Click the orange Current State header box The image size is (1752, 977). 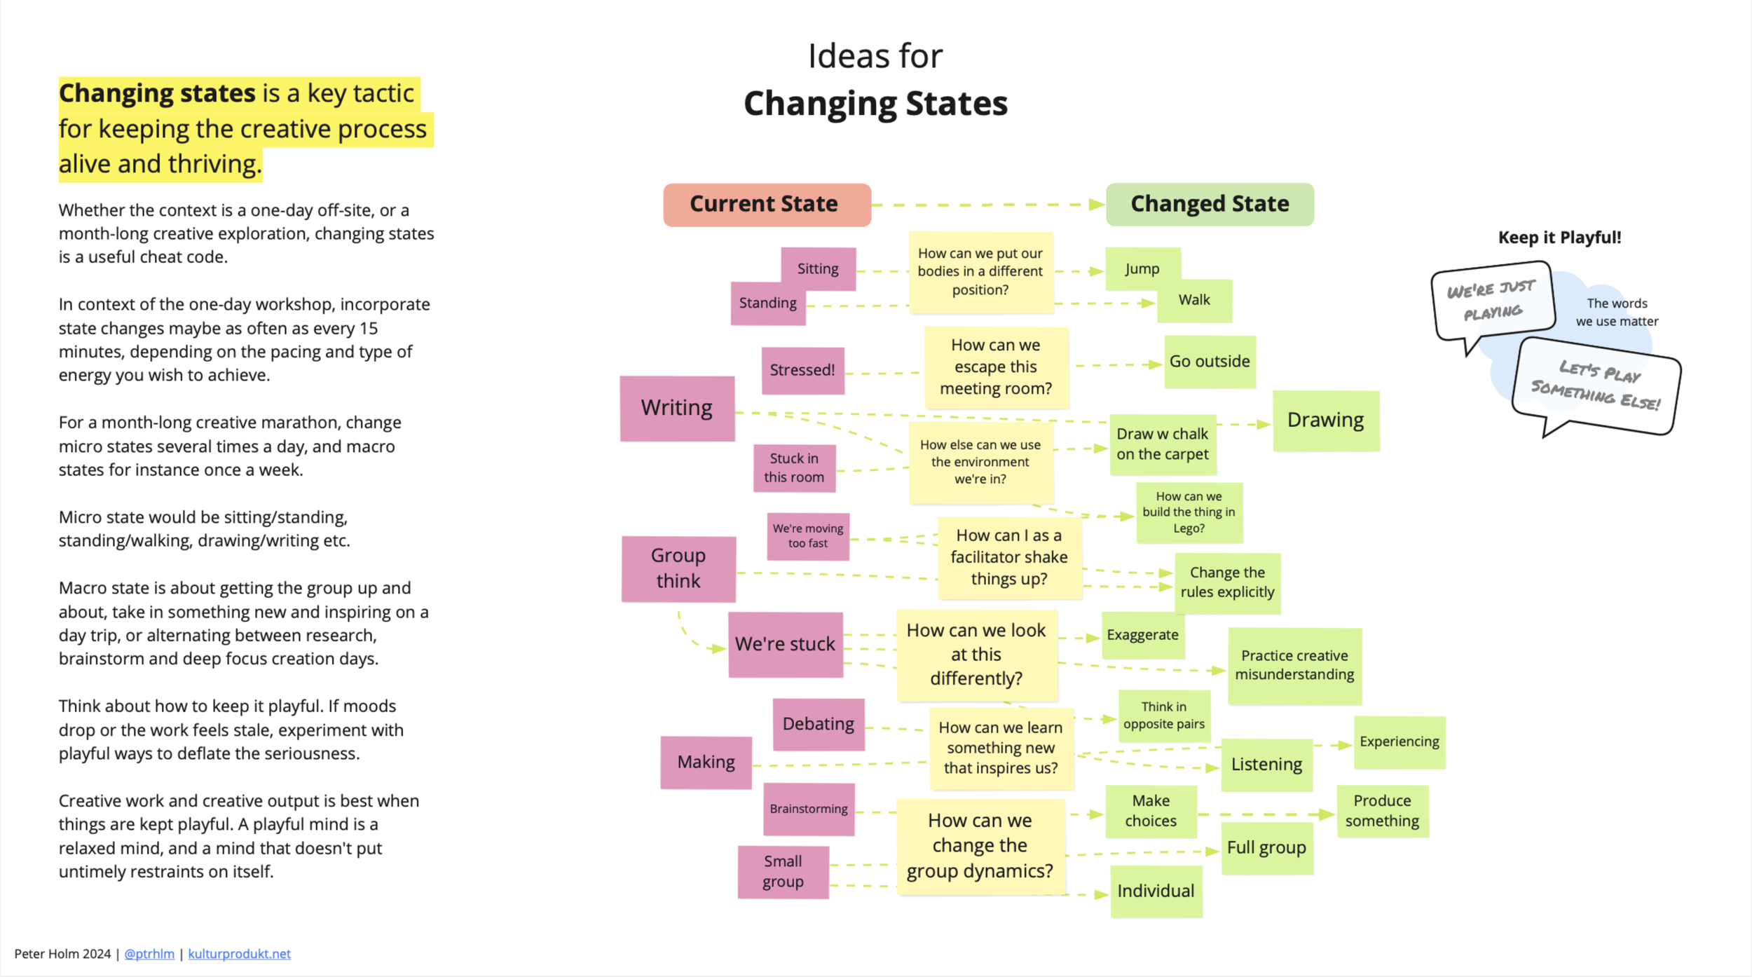[x=767, y=205]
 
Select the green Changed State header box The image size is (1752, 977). [x=1210, y=205]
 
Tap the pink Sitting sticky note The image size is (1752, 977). [x=818, y=268]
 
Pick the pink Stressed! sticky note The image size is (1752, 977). [x=802, y=370]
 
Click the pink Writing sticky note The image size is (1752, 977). [x=677, y=408]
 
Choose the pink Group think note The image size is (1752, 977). [x=678, y=568]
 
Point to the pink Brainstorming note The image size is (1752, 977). [x=809, y=809]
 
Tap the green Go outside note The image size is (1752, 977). [x=1210, y=362]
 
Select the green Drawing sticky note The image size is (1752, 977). [x=1326, y=421]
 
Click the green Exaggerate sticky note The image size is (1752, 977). [x=1143, y=635]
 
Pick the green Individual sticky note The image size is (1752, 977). [x=1156, y=891]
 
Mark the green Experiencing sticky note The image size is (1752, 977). [x=1399, y=742]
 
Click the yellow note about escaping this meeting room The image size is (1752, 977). [x=996, y=367]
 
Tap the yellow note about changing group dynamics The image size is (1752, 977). [x=980, y=846]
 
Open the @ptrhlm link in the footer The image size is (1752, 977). [x=149, y=954]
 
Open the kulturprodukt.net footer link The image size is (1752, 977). [x=239, y=954]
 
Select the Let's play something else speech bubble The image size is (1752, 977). [x=1596, y=385]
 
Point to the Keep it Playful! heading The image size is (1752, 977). [x=1559, y=238]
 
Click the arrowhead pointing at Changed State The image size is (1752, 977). [x=1096, y=205]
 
